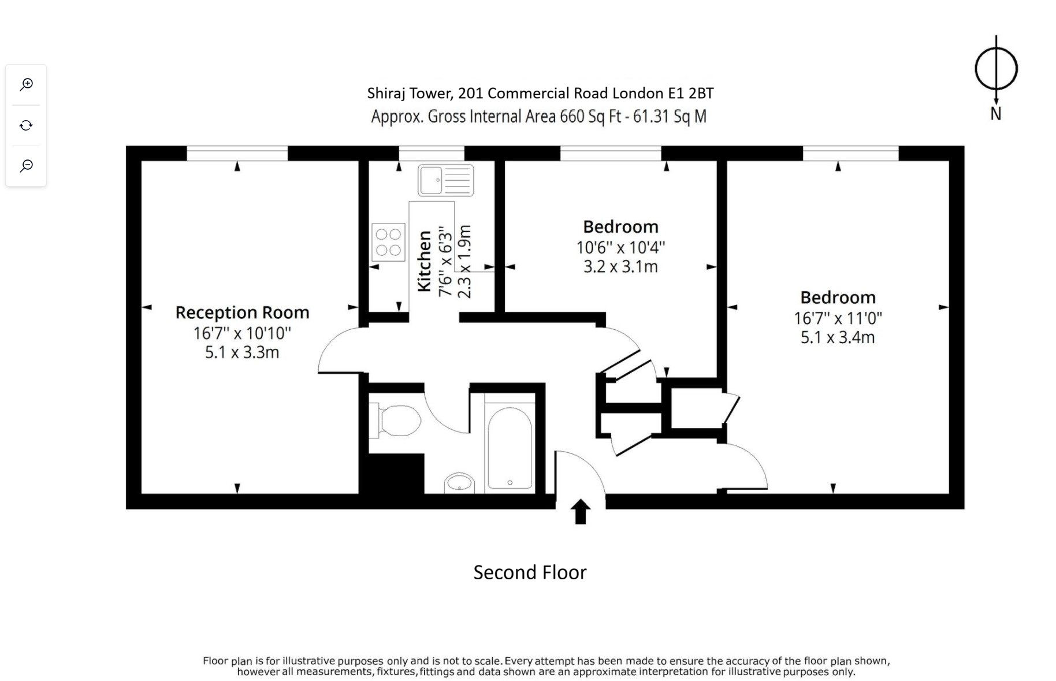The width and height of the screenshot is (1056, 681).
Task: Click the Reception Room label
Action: tap(242, 312)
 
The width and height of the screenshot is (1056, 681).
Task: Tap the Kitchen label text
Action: tap(425, 261)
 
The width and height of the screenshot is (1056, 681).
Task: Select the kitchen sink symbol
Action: tap(445, 180)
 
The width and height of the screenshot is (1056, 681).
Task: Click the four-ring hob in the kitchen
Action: tap(388, 242)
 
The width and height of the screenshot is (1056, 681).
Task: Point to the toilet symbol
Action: tap(399, 420)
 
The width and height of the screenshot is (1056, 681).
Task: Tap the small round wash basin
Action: tap(460, 482)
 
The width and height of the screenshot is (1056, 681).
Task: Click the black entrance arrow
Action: tap(580, 511)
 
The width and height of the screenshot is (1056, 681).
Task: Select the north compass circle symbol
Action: tap(995, 69)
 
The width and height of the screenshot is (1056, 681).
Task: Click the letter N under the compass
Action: tap(995, 114)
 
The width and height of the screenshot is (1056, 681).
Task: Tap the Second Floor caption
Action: tap(530, 572)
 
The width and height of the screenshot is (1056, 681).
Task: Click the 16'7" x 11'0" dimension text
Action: tap(838, 318)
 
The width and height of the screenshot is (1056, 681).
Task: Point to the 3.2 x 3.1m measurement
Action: tap(620, 267)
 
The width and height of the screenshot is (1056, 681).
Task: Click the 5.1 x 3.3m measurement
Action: tap(242, 352)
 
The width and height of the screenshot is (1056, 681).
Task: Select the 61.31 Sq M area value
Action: tap(670, 117)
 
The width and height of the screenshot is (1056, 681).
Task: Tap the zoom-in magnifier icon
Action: tap(26, 84)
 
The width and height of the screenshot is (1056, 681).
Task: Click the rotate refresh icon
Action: tap(26, 125)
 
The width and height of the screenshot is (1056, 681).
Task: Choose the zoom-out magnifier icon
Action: tap(26, 166)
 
